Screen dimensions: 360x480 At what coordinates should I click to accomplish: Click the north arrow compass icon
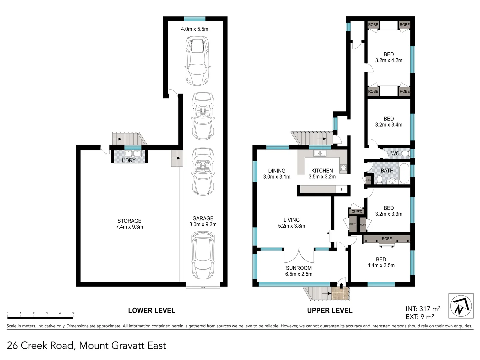coord(461,306)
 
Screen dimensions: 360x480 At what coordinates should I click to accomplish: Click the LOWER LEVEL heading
coord(152,310)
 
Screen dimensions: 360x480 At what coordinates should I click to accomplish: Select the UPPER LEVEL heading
coord(330,310)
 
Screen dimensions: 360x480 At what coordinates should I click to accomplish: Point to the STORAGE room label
coord(129,224)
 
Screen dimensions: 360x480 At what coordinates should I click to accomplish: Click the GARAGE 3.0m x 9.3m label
coord(203,221)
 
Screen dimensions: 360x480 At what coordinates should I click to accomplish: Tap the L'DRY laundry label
coord(128,160)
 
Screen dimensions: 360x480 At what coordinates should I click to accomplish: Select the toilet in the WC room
coord(405,153)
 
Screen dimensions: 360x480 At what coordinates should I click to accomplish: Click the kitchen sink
coord(320,153)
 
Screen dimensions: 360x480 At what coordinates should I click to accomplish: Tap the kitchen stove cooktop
coord(343,168)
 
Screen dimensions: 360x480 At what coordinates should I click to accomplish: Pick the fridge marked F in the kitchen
coord(342,189)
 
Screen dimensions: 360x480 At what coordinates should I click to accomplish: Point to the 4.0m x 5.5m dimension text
coord(195,29)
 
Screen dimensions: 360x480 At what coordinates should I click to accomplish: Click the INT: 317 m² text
coord(423,309)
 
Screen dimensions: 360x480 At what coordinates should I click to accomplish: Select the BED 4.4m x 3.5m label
coord(381,262)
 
